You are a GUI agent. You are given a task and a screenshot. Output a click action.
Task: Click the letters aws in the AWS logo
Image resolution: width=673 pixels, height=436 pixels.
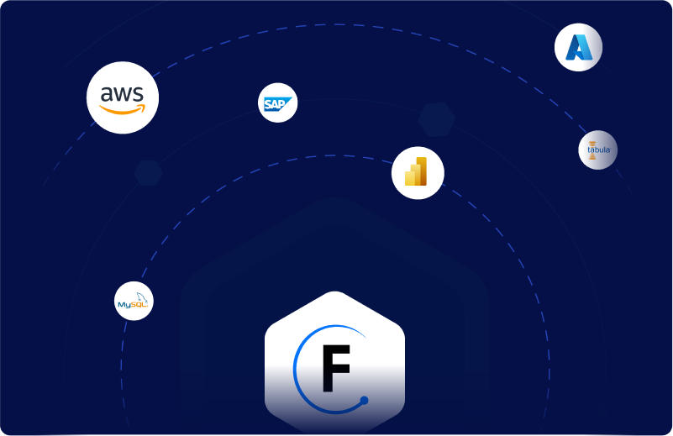point(123,92)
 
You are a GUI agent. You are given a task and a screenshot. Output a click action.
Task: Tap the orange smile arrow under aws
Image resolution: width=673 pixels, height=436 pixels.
point(123,109)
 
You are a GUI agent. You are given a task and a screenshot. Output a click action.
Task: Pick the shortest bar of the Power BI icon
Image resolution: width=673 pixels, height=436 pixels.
point(410,178)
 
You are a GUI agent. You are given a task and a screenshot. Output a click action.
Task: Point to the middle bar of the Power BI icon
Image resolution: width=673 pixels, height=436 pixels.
point(416,174)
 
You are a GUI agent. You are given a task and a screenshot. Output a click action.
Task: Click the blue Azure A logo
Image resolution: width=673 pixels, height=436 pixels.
point(579,48)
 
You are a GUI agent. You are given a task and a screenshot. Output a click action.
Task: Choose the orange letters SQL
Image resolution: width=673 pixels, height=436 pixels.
point(138,305)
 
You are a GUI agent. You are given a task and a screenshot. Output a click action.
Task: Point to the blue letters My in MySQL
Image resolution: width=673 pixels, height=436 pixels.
point(124,305)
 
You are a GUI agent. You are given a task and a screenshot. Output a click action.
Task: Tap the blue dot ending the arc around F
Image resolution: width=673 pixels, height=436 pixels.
point(364,401)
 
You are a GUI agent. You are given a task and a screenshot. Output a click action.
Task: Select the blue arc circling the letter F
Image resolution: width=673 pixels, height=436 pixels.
point(298,370)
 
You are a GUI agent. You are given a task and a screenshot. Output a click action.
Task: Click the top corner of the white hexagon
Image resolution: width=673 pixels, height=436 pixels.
point(335,293)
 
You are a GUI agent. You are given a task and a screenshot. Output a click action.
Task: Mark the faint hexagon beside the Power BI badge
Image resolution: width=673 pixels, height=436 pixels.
point(437,119)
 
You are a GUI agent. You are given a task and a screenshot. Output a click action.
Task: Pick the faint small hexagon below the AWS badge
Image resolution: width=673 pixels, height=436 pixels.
point(149,172)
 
